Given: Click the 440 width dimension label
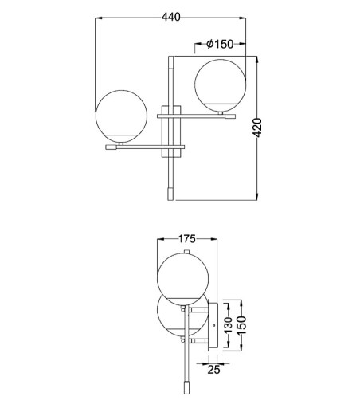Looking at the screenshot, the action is coord(171,17).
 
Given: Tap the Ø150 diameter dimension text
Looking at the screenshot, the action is coord(220,44).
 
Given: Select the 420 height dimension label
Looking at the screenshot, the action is coord(257,128).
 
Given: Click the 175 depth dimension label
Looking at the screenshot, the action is coord(186,239).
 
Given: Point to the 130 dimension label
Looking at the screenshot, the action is coord(228,324).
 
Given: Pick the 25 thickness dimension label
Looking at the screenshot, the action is coord(213,370).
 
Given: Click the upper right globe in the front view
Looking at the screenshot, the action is coord(221,85).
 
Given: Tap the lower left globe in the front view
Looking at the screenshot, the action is coord(121,116).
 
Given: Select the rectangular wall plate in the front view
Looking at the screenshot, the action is coord(171,131).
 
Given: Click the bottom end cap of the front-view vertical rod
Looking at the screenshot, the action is coord(170,194).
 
